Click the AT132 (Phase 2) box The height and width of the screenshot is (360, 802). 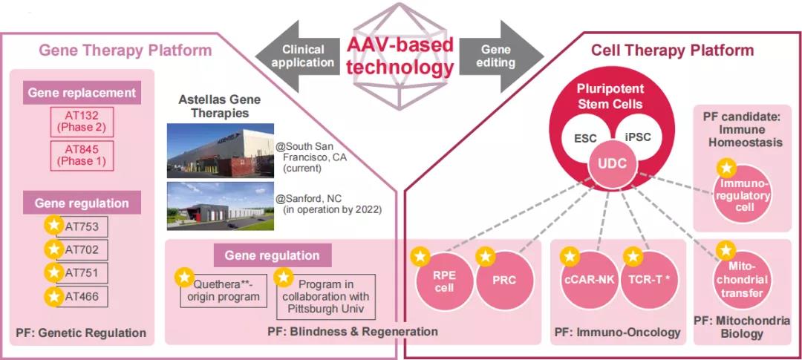82,120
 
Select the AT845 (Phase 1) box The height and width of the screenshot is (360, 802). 82,156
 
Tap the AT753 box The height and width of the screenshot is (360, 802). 82,226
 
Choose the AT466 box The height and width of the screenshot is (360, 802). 82,297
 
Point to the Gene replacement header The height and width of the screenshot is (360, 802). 82,93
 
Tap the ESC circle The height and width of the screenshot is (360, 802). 586,138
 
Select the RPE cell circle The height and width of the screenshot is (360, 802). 443,281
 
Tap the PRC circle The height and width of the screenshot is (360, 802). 503,281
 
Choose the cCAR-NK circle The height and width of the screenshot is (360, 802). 588,281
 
